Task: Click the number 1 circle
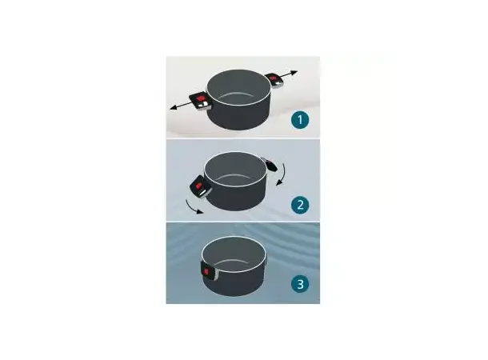(300, 120)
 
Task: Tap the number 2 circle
(300, 205)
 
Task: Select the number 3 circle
(300, 284)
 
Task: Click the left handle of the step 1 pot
(201, 101)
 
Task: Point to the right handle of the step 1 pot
(274, 80)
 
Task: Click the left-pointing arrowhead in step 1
(174, 108)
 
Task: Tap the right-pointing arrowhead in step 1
(294, 73)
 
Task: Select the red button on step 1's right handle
(274, 78)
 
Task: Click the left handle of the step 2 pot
(201, 186)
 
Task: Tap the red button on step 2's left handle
(198, 186)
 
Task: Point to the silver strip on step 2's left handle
(203, 194)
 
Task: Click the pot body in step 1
(238, 99)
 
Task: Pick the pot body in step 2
(236, 181)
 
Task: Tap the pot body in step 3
(234, 266)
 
